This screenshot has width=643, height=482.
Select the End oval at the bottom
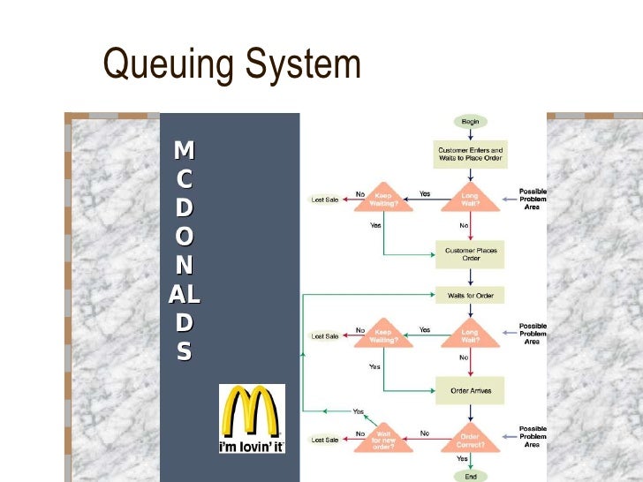click(x=471, y=476)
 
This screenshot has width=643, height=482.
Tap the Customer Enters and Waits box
click(x=471, y=154)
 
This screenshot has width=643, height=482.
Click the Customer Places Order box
click(x=471, y=254)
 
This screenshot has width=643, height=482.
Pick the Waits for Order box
click(x=471, y=296)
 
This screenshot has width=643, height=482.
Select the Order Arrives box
click(x=471, y=390)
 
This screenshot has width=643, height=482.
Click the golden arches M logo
click(x=252, y=411)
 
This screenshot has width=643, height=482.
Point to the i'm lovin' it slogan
click(x=252, y=446)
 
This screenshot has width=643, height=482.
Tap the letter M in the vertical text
click(x=184, y=149)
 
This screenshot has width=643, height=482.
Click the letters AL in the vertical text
click(x=184, y=295)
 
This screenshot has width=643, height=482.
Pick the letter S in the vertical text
click(x=184, y=352)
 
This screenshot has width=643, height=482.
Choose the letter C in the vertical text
click(x=184, y=178)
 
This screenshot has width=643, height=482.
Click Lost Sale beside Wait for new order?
click(x=325, y=440)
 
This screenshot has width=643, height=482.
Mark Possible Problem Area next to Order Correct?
click(x=533, y=437)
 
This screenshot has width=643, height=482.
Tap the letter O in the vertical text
click(x=184, y=237)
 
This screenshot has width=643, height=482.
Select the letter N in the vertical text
click(x=184, y=266)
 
